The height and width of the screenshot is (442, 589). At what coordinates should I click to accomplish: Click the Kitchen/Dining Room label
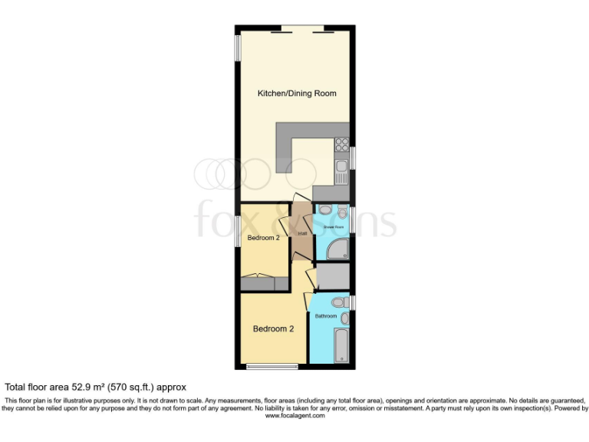pyautogui.click(x=296, y=94)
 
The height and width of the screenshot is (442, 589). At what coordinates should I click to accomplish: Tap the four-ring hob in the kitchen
pyautogui.click(x=342, y=143)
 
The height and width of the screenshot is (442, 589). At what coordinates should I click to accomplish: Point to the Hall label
pyautogui.click(x=302, y=233)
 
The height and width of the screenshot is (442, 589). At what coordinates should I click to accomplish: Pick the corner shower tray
pyautogui.click(x=338, y=249)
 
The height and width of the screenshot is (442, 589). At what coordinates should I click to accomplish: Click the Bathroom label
pyautogui.click(x=326, y=316)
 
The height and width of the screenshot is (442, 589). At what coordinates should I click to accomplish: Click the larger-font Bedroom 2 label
pyautogui.click(x=274, y=329)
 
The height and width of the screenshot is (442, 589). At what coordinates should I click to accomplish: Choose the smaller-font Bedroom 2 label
pyautogui.click(x=263, y=239)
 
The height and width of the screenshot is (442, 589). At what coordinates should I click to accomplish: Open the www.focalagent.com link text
pyautogui.click(x=294, y=416)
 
